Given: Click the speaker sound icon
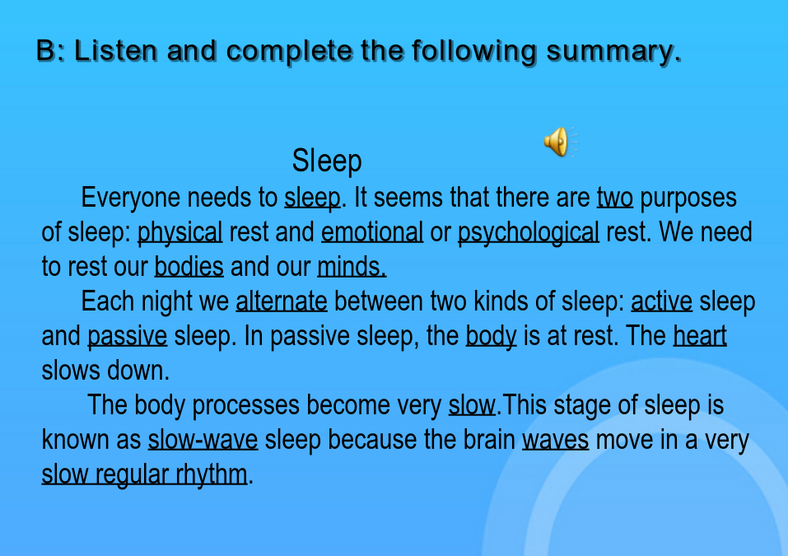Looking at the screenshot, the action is point(560,142).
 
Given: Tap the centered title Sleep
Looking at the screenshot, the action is point(327,161).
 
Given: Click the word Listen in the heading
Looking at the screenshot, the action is point(115,51).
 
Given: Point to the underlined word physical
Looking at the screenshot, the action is point(180,233).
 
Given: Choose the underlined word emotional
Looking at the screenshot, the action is point(372,232).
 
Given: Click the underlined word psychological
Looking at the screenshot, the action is point(528,233).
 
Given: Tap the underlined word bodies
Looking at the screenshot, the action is point(189,266).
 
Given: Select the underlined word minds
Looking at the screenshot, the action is point(352,266).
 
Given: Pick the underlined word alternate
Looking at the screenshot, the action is point(282,301).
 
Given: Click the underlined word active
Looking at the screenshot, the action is point(661,301).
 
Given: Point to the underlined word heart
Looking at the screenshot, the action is point(700,336).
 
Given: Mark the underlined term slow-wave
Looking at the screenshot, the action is point(203,440).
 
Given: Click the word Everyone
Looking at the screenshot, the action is point(131,198).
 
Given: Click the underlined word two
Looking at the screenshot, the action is point(614,198).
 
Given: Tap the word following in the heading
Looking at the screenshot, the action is point(474,52).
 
